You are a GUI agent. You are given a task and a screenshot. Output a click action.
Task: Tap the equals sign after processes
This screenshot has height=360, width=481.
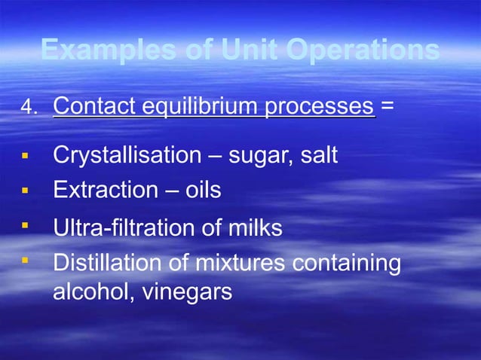tap(386, 107)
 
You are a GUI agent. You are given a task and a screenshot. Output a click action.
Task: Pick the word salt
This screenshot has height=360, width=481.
tap(319, 156)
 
